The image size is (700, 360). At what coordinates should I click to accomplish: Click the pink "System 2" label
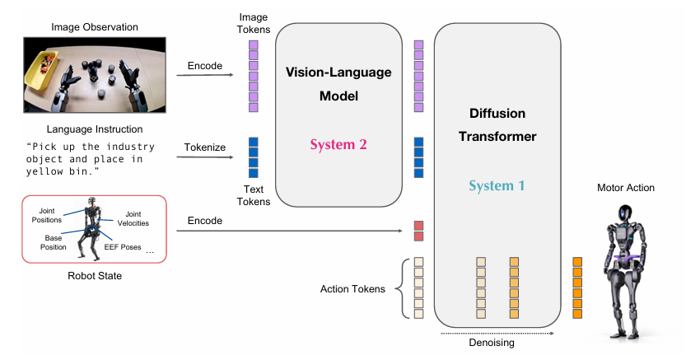(x=338, y=145)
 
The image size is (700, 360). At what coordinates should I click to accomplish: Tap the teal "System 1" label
(x=497, y=186)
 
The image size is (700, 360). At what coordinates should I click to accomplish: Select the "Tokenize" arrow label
(x=205, y=147)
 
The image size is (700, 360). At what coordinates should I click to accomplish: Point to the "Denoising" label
(x=492, y=343)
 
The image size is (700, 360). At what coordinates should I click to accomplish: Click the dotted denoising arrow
(x=497, y=333)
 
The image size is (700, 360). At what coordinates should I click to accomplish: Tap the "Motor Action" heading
(x=626, y=188)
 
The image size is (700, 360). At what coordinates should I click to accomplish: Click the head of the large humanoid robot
(x=624, y=215)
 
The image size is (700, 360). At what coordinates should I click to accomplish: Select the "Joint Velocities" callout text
(x=133, y=218)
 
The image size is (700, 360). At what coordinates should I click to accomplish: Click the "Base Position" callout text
(x=54, y=242)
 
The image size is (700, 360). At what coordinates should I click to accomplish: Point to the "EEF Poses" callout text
(x=123, y=247)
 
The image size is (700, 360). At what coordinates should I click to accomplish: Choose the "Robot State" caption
(x=95, y=276)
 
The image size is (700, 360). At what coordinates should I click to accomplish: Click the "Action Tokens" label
(x=352, y=289)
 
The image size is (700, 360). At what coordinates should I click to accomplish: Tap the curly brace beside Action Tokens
(x=403, y=288)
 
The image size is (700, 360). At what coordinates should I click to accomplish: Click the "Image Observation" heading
(x=95, y=27)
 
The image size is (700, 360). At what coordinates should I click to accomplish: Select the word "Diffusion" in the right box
(x=497, y=114)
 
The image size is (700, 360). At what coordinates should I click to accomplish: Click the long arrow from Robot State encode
(x=289, y=231)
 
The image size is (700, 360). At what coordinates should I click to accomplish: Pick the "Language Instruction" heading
(x=95, y=129)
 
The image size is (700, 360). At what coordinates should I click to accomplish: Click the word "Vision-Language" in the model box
(x=338, y=72)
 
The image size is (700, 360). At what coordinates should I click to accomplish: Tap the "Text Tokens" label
(x=254, y=195)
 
